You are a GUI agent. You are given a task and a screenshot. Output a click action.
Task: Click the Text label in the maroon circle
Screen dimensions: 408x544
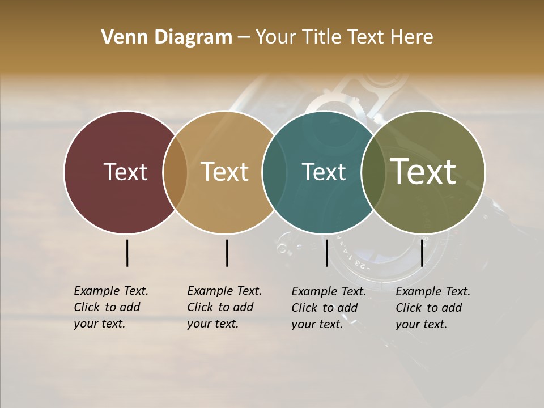pos(125,172)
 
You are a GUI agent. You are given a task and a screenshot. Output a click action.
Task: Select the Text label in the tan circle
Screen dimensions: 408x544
pos(225,172)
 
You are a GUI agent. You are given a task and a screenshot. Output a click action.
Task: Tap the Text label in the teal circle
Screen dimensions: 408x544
pos(324,172)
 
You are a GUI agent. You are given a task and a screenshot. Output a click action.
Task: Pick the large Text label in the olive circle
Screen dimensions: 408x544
pos(423,172)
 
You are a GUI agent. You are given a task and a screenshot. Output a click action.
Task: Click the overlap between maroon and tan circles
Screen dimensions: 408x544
pos(175,172)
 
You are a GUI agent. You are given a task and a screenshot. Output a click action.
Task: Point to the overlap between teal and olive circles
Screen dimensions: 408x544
pos(373,172)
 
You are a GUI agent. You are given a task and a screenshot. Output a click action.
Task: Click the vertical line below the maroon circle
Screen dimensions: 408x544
pos(127,253)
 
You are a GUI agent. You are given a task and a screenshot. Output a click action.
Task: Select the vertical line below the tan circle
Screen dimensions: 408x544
pos(227,253)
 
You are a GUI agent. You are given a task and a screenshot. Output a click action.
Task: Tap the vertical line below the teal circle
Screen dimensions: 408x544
pos(327,253)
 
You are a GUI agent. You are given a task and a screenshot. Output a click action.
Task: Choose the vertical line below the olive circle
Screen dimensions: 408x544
pos(422,253)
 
